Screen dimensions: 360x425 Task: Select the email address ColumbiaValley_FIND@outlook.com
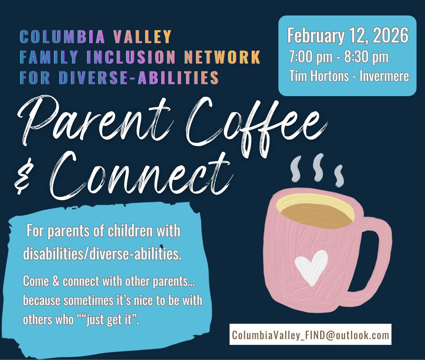click(x=310, y=335)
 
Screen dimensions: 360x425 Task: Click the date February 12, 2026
click(x=348, y=36)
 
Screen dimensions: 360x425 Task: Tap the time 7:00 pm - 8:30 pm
click(x=339, y=57)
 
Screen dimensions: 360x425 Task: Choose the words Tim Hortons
click(x=318, y=76)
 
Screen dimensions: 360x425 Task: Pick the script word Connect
click(x=140, y=176)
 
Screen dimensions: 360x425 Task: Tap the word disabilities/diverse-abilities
click(x=102, y=254)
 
